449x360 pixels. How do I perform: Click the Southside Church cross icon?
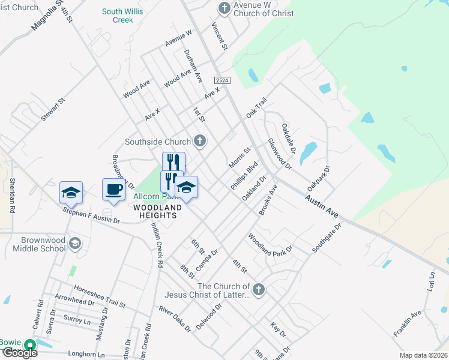coord(200,142)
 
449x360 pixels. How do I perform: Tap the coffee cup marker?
coord(113,190)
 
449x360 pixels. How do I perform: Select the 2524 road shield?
coord(223,80)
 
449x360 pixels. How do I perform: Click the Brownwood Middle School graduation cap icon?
coord(75,243)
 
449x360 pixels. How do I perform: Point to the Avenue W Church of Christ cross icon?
coord(224,8)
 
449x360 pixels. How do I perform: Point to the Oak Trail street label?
coord(256,108)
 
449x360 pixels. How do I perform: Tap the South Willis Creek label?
coord(125,16)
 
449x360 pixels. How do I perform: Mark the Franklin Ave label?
coord(408,324)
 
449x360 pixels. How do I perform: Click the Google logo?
coord(19,353)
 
